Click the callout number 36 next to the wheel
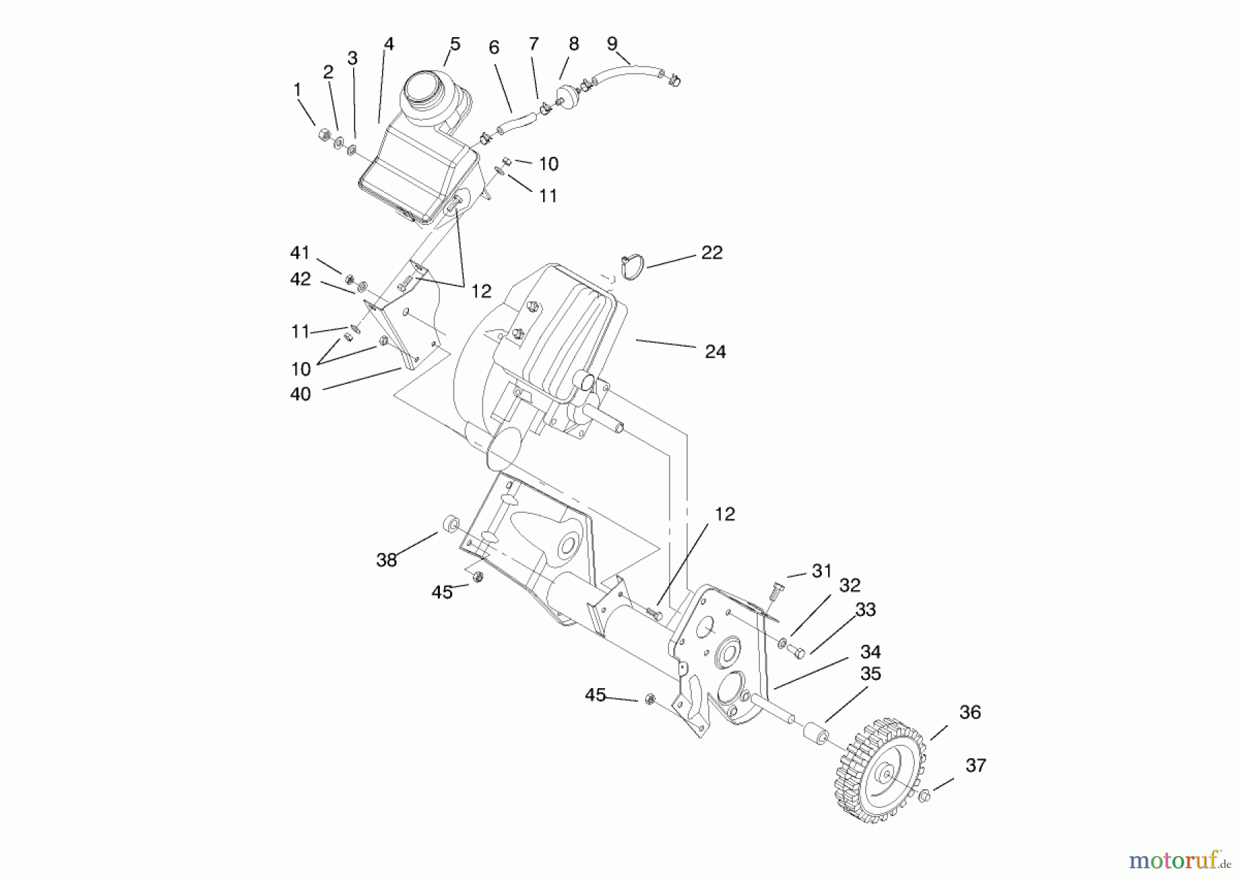[x=969, y=712]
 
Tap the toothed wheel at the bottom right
[x=879, y=774]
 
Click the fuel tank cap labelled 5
[x=427, y=89]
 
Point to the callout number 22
[x=712, y=253]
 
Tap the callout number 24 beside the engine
[x=715, y=352]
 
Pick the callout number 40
[x=301, y=394]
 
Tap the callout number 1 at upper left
[x=297, y=89]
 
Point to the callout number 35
[x=870, y=674]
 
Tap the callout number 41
[x=300, y=253]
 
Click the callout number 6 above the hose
[x=494, y=47]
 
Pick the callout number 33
[x=865, y=610]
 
